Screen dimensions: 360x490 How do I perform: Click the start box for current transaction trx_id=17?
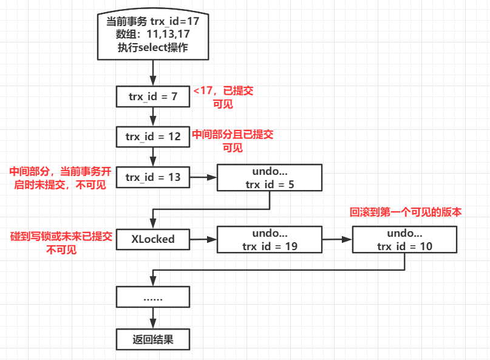(152, 34)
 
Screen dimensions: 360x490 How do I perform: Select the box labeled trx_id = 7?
(152, 97)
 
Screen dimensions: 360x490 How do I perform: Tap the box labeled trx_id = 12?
(152, 137)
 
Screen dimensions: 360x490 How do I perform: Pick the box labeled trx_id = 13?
(152, 177)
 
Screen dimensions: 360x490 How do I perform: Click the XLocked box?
(152, 239)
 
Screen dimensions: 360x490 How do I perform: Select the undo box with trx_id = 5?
(270, 177)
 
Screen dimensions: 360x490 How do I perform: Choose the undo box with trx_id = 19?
(270, 239)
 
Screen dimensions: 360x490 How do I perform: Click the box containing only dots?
(152, 298)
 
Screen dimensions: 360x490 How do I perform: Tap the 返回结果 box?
(152, 339)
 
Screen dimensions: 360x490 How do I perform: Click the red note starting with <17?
(223, 97)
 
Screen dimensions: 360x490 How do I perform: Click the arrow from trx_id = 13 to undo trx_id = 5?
(203, 177)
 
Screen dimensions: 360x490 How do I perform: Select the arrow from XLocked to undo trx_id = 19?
(203, 239)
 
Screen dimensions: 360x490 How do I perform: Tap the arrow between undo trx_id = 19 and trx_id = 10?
(337, 239)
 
